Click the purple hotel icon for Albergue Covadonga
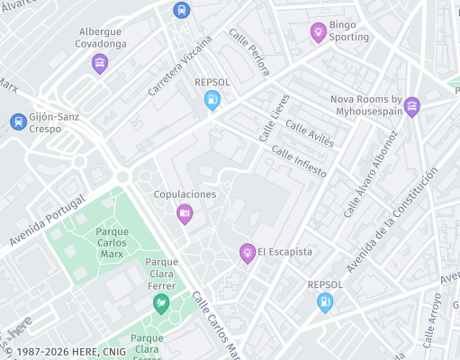100,63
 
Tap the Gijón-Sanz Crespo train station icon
17,121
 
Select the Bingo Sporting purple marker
318,32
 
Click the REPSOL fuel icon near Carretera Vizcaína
212,101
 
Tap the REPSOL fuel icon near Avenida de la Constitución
325,302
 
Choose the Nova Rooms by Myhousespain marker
411,106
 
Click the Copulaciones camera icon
185,213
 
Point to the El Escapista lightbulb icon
247,253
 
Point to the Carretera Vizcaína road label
181,67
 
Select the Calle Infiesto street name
298,162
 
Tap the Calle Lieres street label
275,112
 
